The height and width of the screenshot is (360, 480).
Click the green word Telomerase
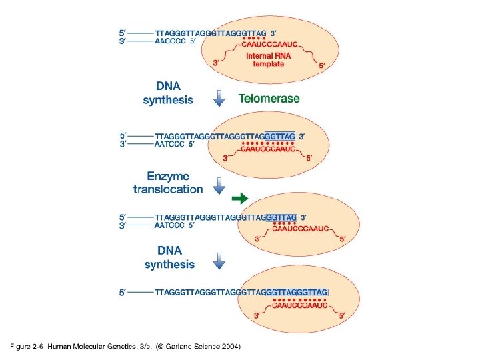click(x=269, y=99)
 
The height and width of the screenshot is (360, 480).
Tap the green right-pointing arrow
click(x=240, y=198)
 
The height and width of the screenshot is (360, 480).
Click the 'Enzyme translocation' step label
click(x=168, y=183)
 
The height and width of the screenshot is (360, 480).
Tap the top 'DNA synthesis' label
click(x=168, y=93)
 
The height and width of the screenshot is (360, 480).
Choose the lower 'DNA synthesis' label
click(x=169, y=257)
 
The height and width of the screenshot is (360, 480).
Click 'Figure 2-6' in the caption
click(x=27, y=347)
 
